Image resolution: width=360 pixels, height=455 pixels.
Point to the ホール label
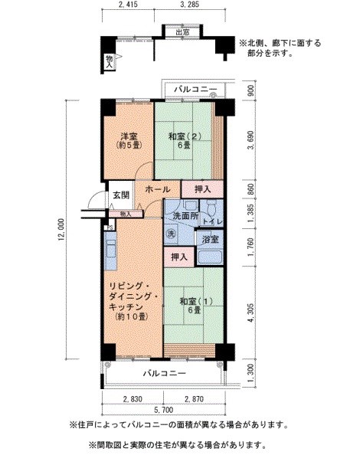pos(157,188)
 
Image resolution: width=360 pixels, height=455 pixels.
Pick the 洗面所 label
pos(184,217)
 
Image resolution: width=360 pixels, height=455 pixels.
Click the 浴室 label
pos(211,240)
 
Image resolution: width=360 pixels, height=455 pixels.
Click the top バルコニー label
pos(195,90)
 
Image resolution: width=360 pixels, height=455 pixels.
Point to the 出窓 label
pos(182,33)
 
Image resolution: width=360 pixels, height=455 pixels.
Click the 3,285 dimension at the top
pos(190,7)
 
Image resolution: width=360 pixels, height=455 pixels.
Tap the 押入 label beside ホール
pos(202,188)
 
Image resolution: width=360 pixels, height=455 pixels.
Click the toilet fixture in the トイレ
pos(209,208)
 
